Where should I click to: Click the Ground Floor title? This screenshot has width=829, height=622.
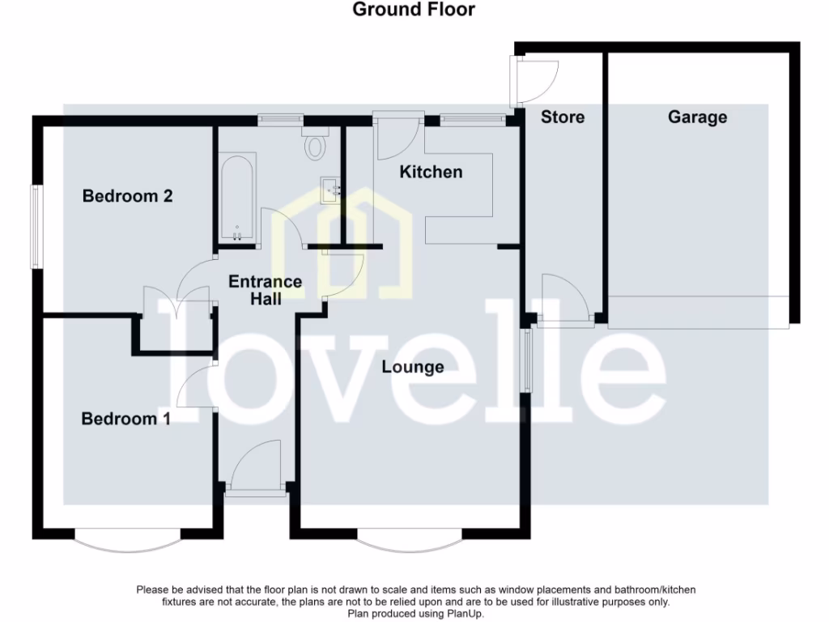(414, 10)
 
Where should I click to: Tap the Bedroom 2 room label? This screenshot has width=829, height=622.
(128, 196)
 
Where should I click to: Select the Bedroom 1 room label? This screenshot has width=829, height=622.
(125, 419)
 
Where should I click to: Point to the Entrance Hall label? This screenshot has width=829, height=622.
(265, 290)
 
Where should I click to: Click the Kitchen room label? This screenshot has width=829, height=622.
(432, 172)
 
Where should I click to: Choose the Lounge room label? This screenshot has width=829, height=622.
(413, 367)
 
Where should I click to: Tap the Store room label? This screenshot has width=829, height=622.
(563, 117)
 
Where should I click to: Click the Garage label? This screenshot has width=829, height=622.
(697, 117)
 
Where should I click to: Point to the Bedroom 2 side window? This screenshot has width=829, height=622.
(36, 228)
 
